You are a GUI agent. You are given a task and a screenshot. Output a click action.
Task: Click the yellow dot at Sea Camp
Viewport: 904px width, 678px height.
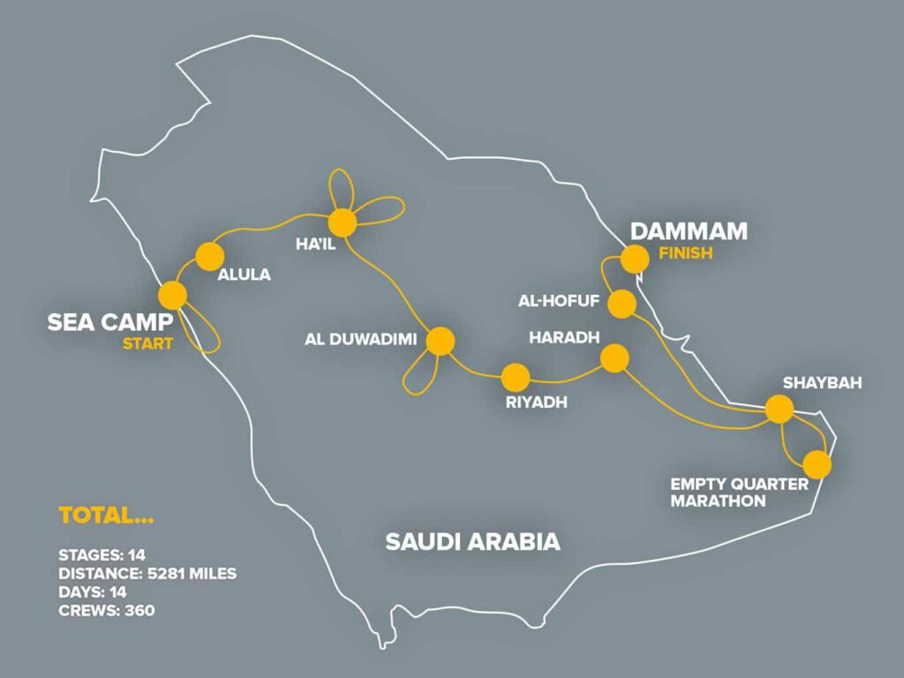click(172, 295)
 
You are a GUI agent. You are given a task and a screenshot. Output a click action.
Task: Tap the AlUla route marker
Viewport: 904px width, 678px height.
click(209, 256)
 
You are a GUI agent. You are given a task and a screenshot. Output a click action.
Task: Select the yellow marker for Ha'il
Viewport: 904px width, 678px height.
click(342, 222)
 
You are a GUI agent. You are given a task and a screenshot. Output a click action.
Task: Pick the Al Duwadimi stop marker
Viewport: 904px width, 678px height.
click(440, 341)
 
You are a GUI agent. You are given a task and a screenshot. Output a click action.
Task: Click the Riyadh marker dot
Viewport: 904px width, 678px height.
click(515, 378)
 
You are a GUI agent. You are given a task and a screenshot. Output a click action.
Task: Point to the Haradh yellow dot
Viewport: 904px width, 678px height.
click(614, 358)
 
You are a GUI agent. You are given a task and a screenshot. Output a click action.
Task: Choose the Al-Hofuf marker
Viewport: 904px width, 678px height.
click(622, 304)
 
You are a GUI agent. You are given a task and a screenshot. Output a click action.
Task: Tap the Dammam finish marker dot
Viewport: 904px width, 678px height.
click(634, 259)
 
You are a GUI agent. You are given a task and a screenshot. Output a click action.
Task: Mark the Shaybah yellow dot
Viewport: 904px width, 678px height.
click(779, 409)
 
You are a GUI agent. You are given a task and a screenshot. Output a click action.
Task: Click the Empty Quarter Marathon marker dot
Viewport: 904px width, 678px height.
click(817, 464)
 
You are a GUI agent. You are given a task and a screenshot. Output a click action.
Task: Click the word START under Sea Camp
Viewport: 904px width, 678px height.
click(148, 343)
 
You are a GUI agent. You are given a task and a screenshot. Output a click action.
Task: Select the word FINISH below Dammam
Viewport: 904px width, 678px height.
click(685, 254)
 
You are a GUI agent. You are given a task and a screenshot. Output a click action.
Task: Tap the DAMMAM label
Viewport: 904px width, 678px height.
click(689, 232)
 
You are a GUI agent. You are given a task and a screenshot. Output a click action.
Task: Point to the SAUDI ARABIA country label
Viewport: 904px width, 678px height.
click(472, 541)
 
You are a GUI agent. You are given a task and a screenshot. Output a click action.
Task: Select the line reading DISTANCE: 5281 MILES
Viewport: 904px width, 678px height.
click(147, 574)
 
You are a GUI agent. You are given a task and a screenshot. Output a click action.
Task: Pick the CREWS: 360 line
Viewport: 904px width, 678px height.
click(106, 610)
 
